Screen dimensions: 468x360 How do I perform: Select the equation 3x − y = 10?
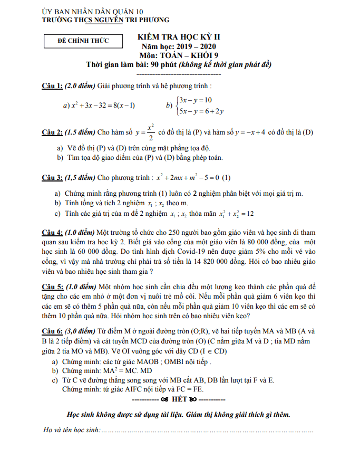coord(195,100)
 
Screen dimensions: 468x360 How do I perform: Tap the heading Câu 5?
coord(52,286)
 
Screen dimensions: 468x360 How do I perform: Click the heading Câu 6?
coord(52,331)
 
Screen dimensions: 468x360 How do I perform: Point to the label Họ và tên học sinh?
coord(72,431)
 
